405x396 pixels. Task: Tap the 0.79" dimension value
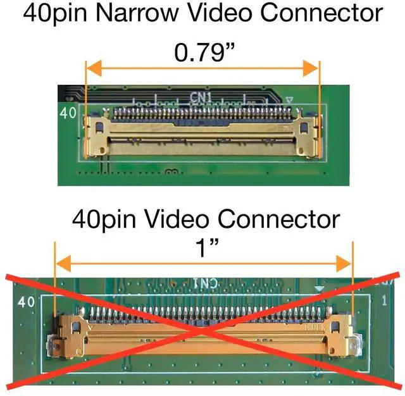coord(202,53)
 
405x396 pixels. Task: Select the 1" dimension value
coord(202,250)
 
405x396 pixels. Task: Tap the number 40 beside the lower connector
coord(26,302)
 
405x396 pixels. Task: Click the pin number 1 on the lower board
coord(384,302)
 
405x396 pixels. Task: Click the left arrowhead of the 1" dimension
coord(61,263)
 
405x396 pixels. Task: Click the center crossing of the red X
coord(201,330)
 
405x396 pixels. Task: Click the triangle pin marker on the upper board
coord(289,100)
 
